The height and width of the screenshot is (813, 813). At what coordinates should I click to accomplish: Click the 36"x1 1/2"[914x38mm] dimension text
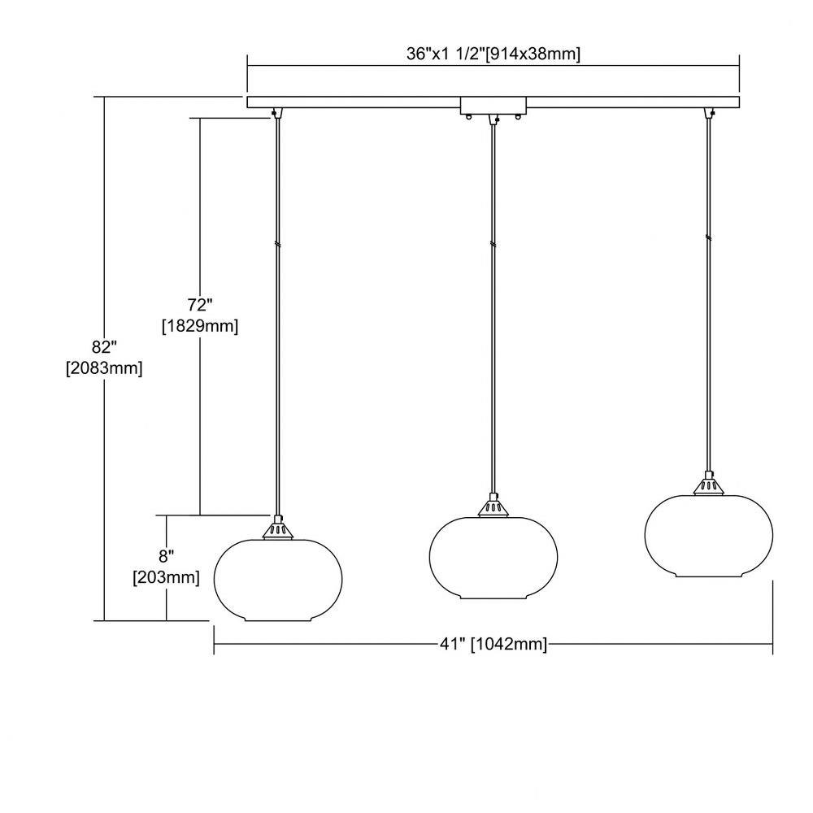tap(493, 54)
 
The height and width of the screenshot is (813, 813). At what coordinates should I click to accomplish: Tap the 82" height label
tap(104, 346)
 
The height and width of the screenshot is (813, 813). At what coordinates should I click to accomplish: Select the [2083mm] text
tap(104, 368)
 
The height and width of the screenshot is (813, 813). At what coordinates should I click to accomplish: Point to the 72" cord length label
tap(200, 304)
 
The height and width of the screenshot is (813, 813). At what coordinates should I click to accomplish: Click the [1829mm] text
tap(200, 326)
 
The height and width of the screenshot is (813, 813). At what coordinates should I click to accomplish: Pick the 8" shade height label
tap(167, 556)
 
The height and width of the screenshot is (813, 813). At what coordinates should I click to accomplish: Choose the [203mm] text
tap(167, 577)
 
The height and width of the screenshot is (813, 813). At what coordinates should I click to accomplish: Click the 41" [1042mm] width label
tap(493, 644)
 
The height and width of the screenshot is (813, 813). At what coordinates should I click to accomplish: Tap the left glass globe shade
tap(278, 580)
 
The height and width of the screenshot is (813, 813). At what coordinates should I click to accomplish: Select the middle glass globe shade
tap(493, 558)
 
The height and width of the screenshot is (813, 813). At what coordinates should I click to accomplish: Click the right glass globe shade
tap(709, 536)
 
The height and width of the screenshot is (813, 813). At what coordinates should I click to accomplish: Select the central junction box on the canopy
tap(493, 105)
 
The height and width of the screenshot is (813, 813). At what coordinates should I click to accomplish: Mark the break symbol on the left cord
tap(278, 244)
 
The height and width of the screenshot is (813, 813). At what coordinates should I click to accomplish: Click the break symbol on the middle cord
tap(493, 244)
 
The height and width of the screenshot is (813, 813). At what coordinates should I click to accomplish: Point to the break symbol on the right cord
tap(708, 238)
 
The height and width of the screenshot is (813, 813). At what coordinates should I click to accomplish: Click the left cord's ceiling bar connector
tap(277, 113)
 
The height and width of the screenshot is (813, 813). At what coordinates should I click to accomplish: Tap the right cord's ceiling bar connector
tap(709, 113)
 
